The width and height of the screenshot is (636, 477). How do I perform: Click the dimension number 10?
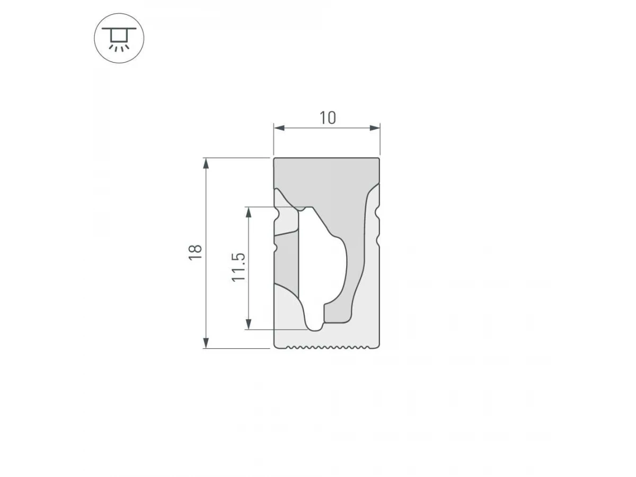[x=328, y=118]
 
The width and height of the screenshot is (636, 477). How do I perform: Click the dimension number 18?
[x=195, y=253]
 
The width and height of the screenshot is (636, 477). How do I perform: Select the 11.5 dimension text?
[x=238, y=267]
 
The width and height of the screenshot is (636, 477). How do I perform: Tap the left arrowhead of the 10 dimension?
[x=279, y=128]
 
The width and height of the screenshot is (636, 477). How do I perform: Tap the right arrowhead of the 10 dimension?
[x=375, y=128]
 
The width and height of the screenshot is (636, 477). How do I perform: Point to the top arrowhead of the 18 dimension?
[x=206, y=163]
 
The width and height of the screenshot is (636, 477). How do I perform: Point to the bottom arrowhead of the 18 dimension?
[x=206, y=343]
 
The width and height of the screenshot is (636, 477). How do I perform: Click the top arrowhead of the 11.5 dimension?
[x=249, y=213]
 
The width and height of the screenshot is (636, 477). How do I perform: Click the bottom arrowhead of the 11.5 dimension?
[x=249, y=324]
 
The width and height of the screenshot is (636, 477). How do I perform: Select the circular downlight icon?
[x=119, y=38]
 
